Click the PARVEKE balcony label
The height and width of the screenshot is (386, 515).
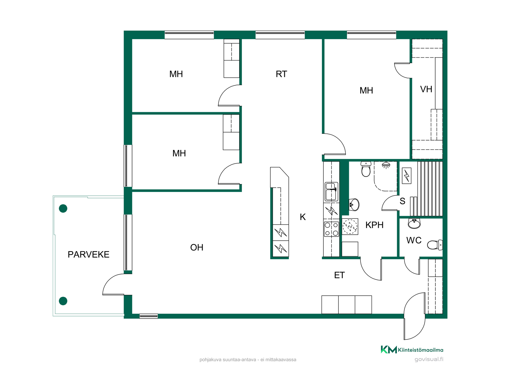coord(89,254)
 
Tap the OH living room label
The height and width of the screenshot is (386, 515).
coord(197,247)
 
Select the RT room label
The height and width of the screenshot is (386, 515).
coord(281,74)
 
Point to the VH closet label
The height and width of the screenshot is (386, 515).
coord(426,89)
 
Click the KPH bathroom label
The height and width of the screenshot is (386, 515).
coord(374,225)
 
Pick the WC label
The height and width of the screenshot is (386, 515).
coord(414,240)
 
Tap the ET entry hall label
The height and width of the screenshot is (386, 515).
coord(339,275)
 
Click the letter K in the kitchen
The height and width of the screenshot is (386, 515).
coord(303,217)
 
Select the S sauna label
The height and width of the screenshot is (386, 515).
coord(402,201)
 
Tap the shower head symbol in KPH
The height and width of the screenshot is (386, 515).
coord(386,165)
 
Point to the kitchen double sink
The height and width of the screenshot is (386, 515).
coord(331,192)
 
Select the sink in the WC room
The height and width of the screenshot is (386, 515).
coord(414,223)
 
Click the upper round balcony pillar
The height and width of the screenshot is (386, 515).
coord(63,208)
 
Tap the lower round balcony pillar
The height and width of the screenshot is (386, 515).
coord(63,301)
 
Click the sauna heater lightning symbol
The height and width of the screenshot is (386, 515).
coord(407,176)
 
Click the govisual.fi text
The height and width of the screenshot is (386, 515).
coord(429,359)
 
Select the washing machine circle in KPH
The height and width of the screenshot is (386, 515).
coord(350,227)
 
